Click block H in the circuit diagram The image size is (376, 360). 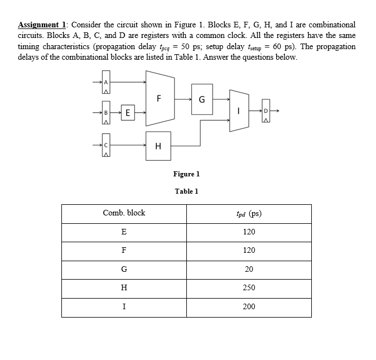158,146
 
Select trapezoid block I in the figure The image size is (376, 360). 239,112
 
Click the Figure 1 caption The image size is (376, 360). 186,174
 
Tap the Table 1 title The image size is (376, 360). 186,191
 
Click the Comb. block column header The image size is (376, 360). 124,213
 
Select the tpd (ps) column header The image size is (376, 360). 249,213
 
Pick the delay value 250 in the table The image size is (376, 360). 249,288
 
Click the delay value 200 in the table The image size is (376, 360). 249,306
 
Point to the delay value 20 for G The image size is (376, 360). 249,269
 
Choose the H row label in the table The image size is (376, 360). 124,288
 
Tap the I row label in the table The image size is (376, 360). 124,306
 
